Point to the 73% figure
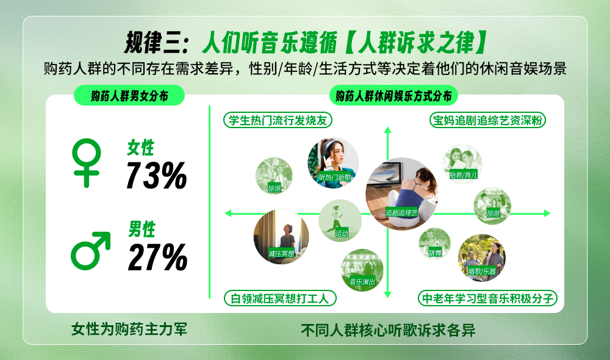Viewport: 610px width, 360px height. pyautogui.click(x=156, y=176)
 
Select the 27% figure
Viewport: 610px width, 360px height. pyautogui.click(x=157, y=257)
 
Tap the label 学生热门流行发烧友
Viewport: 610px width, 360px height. pyautogui.click(x=278, y=120)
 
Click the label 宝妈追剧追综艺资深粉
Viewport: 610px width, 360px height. pyautogui.click(x=487, y=120)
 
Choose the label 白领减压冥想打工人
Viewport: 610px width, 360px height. pyautogui.click(x=280, y=298)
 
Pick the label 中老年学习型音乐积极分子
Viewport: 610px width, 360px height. pyautogui.click(x=487, y=298)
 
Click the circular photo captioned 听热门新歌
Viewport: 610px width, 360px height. pyautogui.click(x=333, y=163)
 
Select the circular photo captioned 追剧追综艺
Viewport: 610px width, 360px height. pyautogui.click(x=402, y=193)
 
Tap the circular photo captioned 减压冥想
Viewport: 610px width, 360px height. pyautogui.click(x=281, y=236)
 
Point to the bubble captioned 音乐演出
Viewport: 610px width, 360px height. pyautogui.click(x=362, y=270)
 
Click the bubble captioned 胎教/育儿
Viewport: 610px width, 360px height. pyautogui.click(x=462, y=164)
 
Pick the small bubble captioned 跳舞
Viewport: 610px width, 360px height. pyautogui.click(x=434, y=243)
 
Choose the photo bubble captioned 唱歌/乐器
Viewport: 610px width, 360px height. pyautogui.click(x=482, y=257)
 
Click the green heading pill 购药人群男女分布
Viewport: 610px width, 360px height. pyautogui.click(x=129, y=95)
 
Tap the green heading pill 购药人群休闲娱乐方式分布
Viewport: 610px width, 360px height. pyautogui.click(x=393, y=95)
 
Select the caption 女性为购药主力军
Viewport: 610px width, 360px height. pyautogui.click(x=129, y=329)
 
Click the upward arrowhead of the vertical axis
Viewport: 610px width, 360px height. pyautogui.click(x=387, y=130)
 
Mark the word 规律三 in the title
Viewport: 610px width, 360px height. pyautogui.click(x=154, y=43)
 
